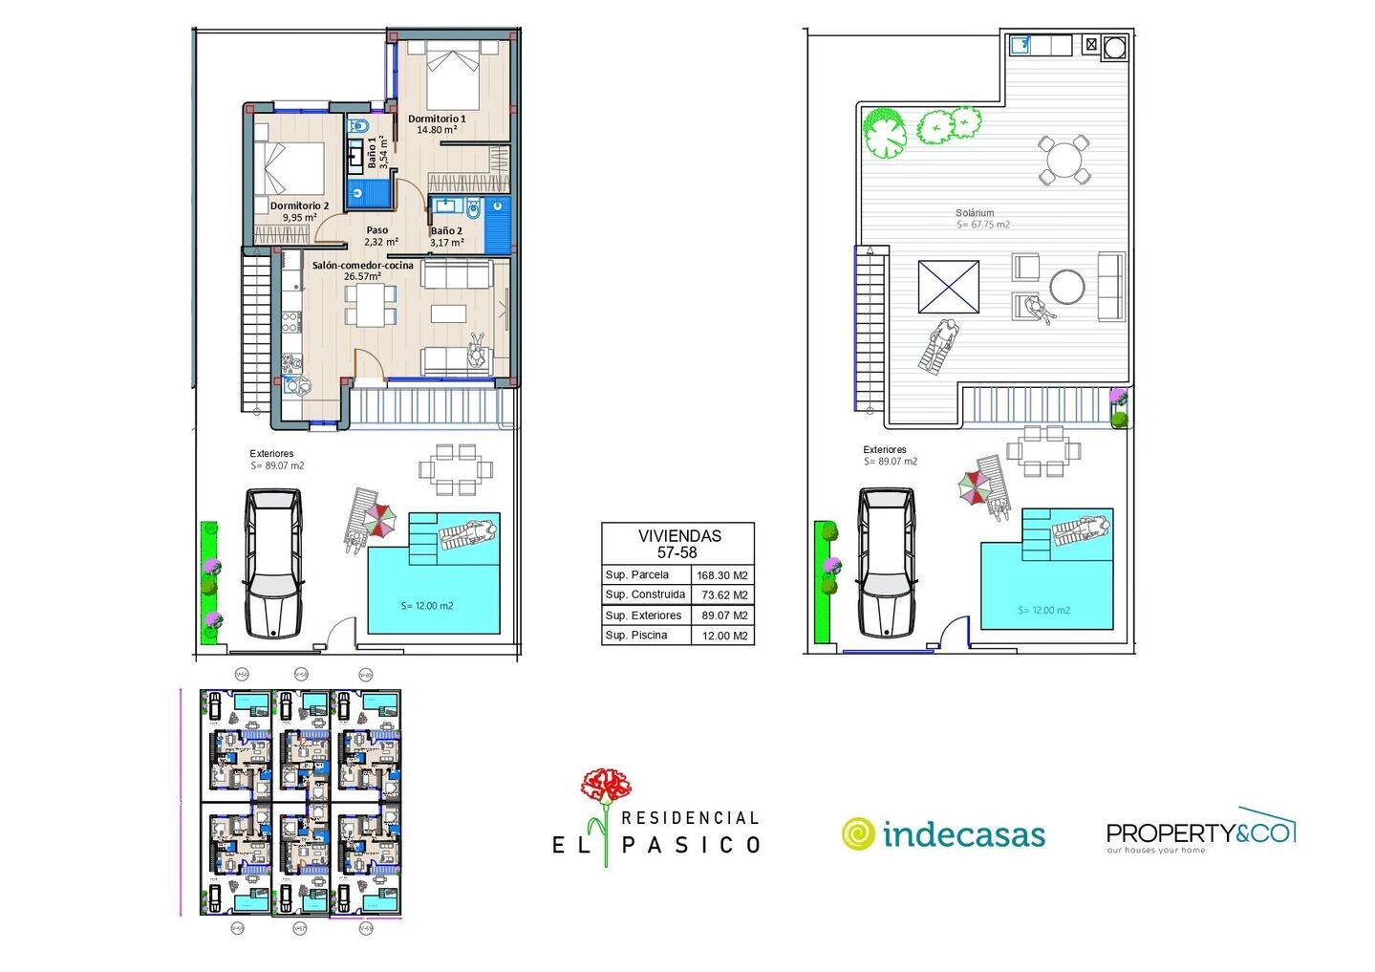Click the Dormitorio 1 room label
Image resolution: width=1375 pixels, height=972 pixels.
tap(437, 119)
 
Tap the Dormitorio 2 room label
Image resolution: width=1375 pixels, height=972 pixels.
tap(299, 205)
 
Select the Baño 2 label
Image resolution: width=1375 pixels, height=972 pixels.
tap(446, 231)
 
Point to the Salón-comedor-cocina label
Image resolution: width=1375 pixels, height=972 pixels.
tap(362, 265)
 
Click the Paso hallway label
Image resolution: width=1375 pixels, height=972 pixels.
tap(377, 230)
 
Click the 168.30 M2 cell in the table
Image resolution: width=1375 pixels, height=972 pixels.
tap(722, 575)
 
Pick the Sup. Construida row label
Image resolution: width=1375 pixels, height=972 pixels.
tap(645, 594)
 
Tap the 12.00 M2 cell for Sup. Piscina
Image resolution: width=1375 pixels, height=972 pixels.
tap(722, 636)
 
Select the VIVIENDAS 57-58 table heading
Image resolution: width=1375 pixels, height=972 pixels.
tap(677, 544)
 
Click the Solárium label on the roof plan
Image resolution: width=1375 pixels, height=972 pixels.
tap(975, 213)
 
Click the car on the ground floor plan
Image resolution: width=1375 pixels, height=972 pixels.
tap(273, 564)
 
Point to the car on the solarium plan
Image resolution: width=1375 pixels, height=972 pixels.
tap(886, 563)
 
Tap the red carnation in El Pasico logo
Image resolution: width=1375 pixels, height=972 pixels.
tap(606, 788)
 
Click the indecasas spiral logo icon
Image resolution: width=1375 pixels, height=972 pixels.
tap(858, 834)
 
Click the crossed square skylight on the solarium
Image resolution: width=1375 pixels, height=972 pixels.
tap(949, 287)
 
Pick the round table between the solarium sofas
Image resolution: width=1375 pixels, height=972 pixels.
tap(1067, 286)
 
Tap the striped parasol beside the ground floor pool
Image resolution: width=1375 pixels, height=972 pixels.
tap(379, 521)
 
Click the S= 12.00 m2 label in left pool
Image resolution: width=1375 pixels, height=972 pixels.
tap(427, 606)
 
